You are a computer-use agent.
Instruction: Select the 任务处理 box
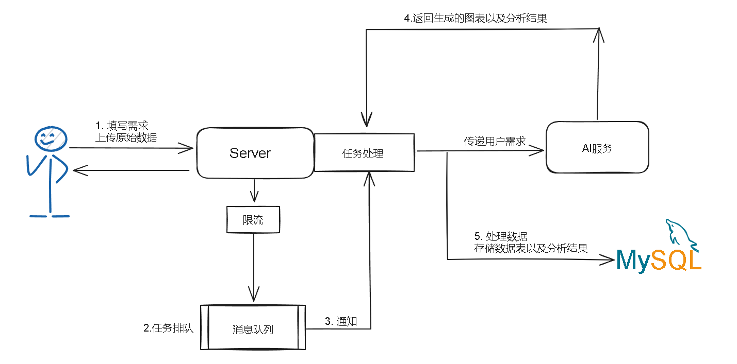364,153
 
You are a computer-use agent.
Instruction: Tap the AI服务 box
597,148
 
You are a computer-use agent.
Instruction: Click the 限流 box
253,220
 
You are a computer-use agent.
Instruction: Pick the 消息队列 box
253,328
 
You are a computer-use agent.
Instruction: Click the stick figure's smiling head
51,137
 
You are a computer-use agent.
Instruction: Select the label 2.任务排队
168,328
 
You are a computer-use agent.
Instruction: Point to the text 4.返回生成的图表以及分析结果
475,19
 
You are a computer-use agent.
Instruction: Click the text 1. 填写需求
122,126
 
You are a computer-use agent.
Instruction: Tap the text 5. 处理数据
500,237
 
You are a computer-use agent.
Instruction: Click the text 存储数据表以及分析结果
531,249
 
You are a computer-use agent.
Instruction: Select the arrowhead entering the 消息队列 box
253,298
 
